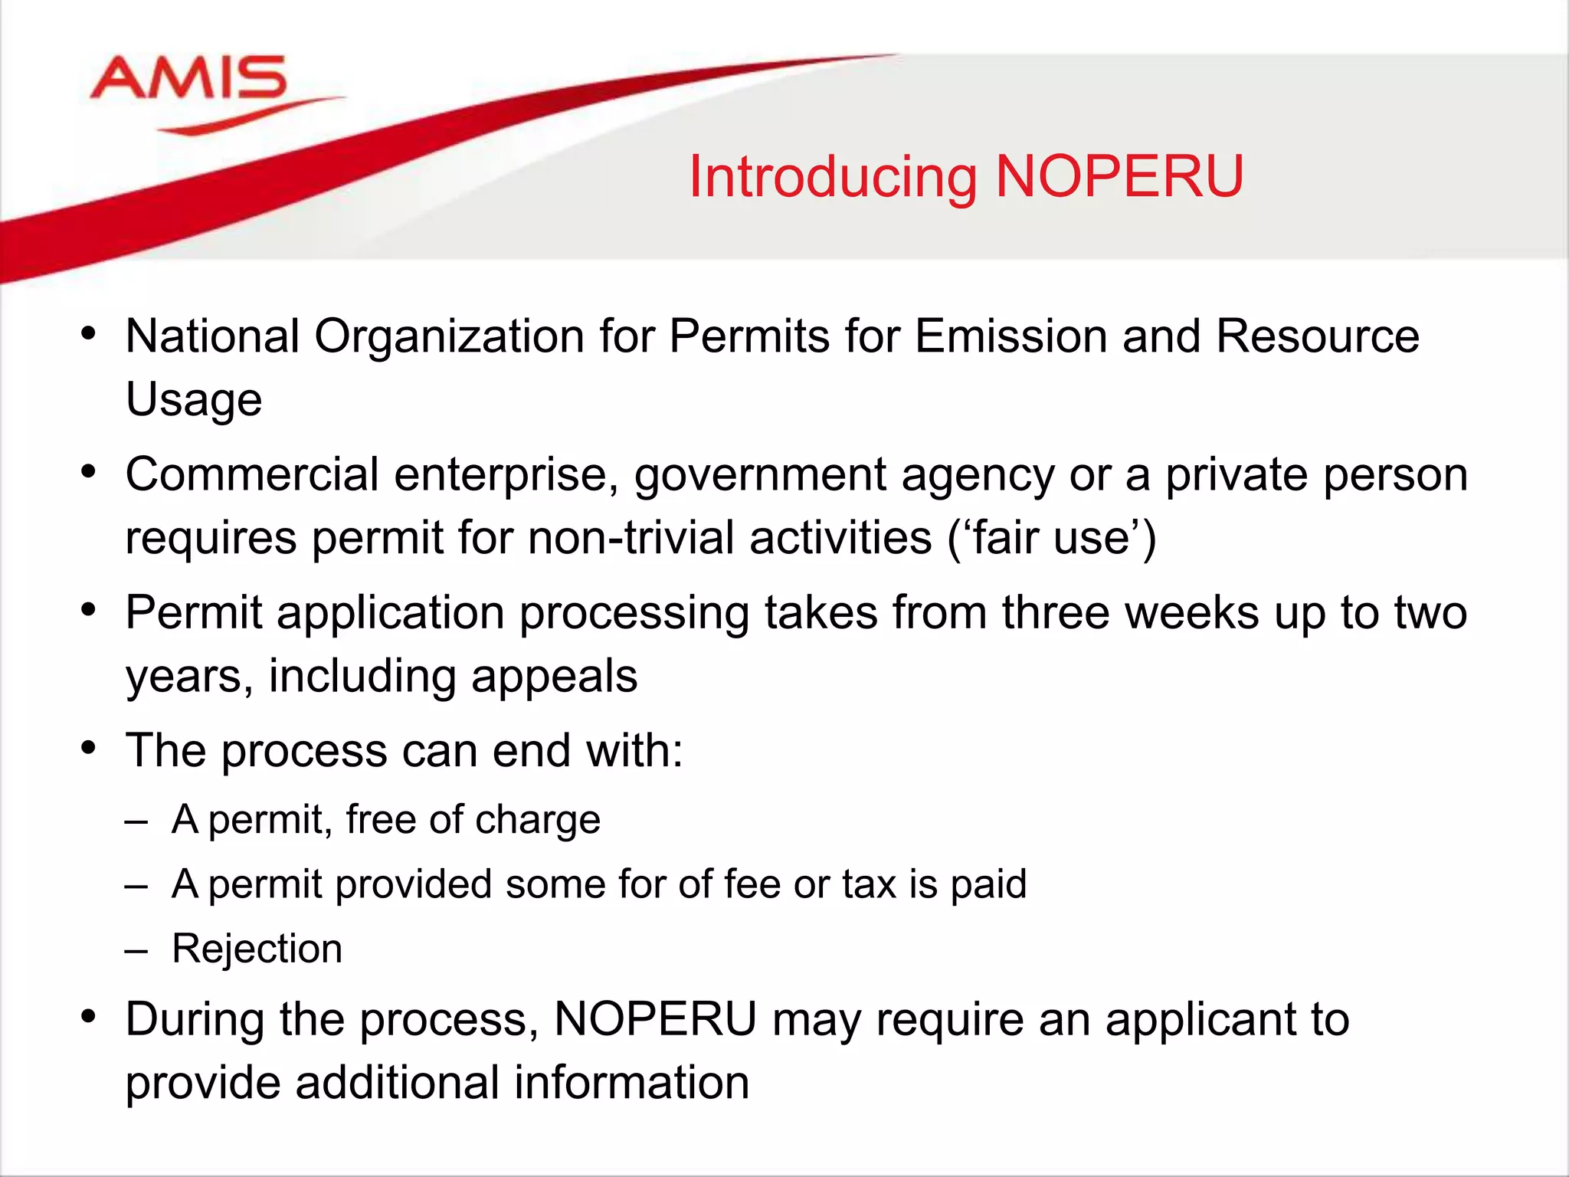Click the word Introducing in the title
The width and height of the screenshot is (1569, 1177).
832,177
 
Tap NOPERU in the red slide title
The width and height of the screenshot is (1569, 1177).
1119,177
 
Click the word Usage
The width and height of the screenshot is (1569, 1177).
194,400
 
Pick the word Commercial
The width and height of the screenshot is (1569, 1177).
252,474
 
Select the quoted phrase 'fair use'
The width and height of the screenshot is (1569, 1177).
1051,537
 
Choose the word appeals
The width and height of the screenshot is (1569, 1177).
554,677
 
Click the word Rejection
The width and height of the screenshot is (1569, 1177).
257,949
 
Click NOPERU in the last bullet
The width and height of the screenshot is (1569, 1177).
655,1020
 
